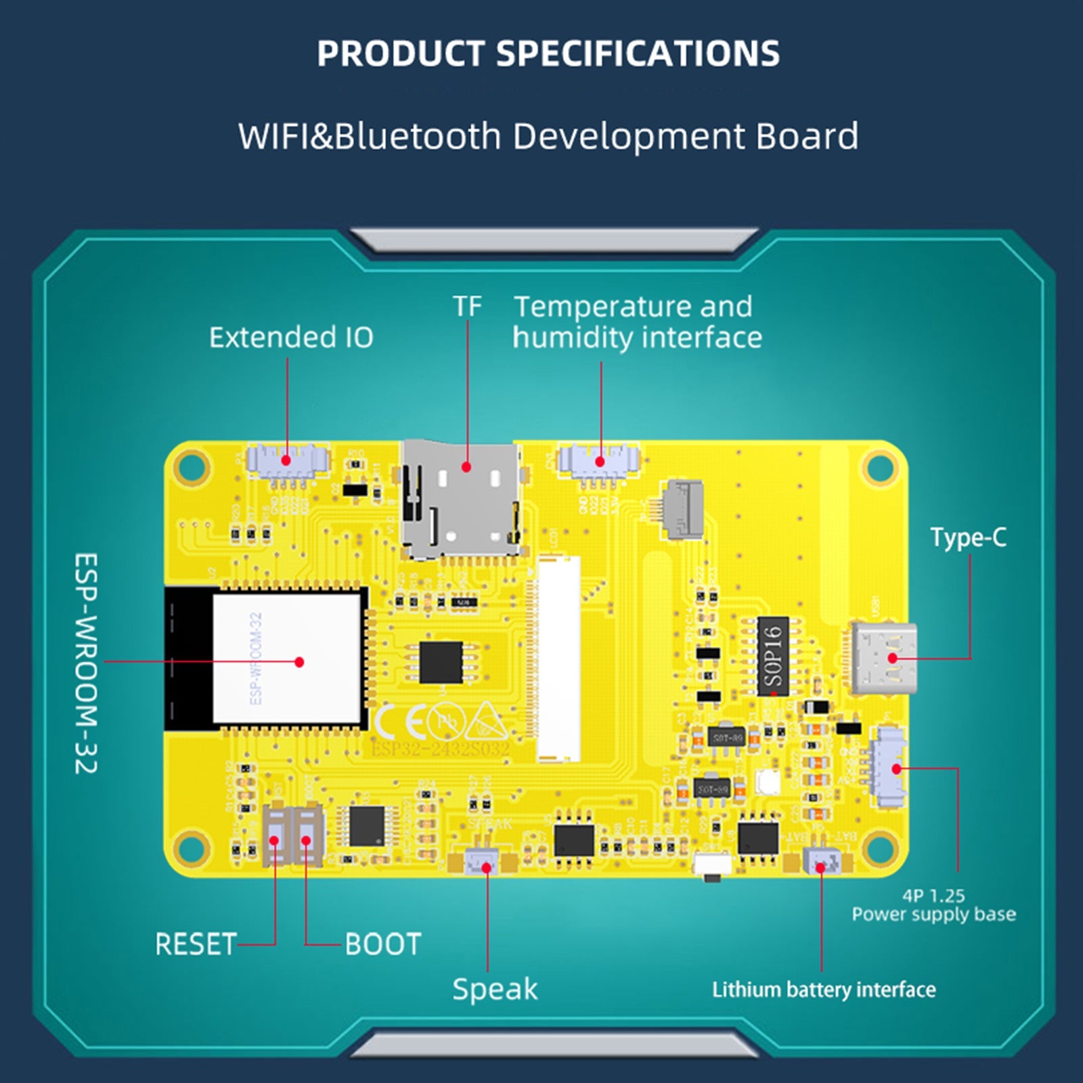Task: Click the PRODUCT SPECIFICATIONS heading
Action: pyautogui.click(x=548, y=53)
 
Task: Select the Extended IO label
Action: pyautogui.click(x=291, y=337)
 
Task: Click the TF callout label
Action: pyautogui.click(x=467, y=307)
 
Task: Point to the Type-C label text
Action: pyautogui.click(x=968, y=537)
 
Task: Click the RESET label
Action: pyautogui.click(x=196, y=944)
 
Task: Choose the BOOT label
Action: pyautogui.click(x=383, y=944)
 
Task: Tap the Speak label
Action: pyautogui.click(x=495, y=990)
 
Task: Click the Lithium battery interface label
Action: pyautogui.click(x=824, y=990)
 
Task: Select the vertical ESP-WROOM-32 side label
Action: pyautogui.click(x=86, y=663)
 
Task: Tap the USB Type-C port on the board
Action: pyautogui.click(x=884, y=658)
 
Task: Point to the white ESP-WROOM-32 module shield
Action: pyautogui.click(x=287, y=658)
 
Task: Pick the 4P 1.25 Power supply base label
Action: pyautogui.click(x=933, y=905)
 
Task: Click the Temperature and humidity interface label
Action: pyautogui.click(x=636, y=322)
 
